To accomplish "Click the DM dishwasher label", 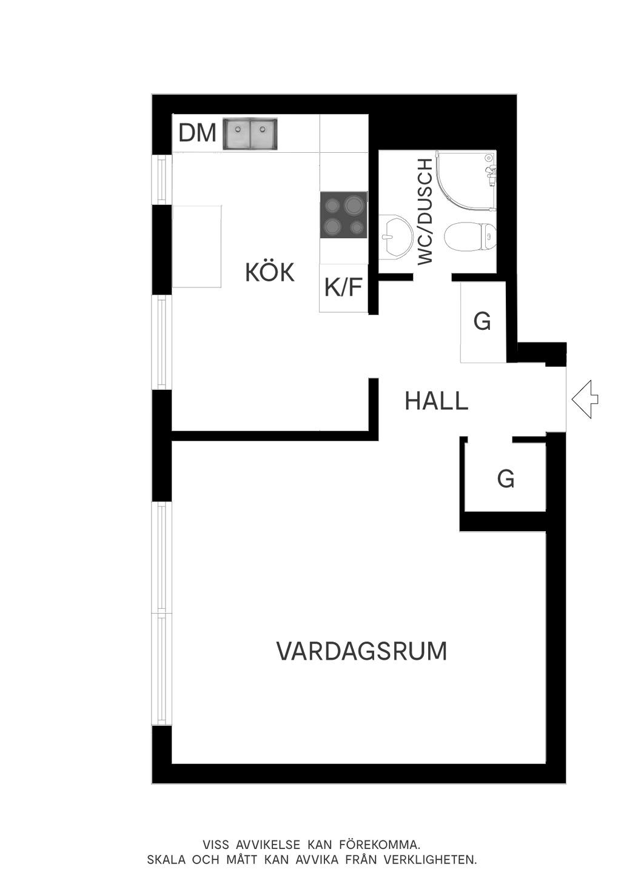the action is (198, 133).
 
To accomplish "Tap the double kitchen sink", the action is (250, 133).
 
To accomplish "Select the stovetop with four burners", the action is (344, 215).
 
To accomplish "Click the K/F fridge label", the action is (343, 287).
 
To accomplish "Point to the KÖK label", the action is (270, 272).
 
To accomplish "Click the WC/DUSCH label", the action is (425, 212).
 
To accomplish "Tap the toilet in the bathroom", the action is (469, 236).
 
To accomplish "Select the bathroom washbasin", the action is (397, 236).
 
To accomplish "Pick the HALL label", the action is (437, 401).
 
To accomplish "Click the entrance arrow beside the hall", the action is (585, 400).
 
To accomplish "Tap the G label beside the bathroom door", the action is (482, 321).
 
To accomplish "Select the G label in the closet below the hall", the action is (506, 478).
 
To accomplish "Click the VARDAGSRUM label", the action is (361, 651).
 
